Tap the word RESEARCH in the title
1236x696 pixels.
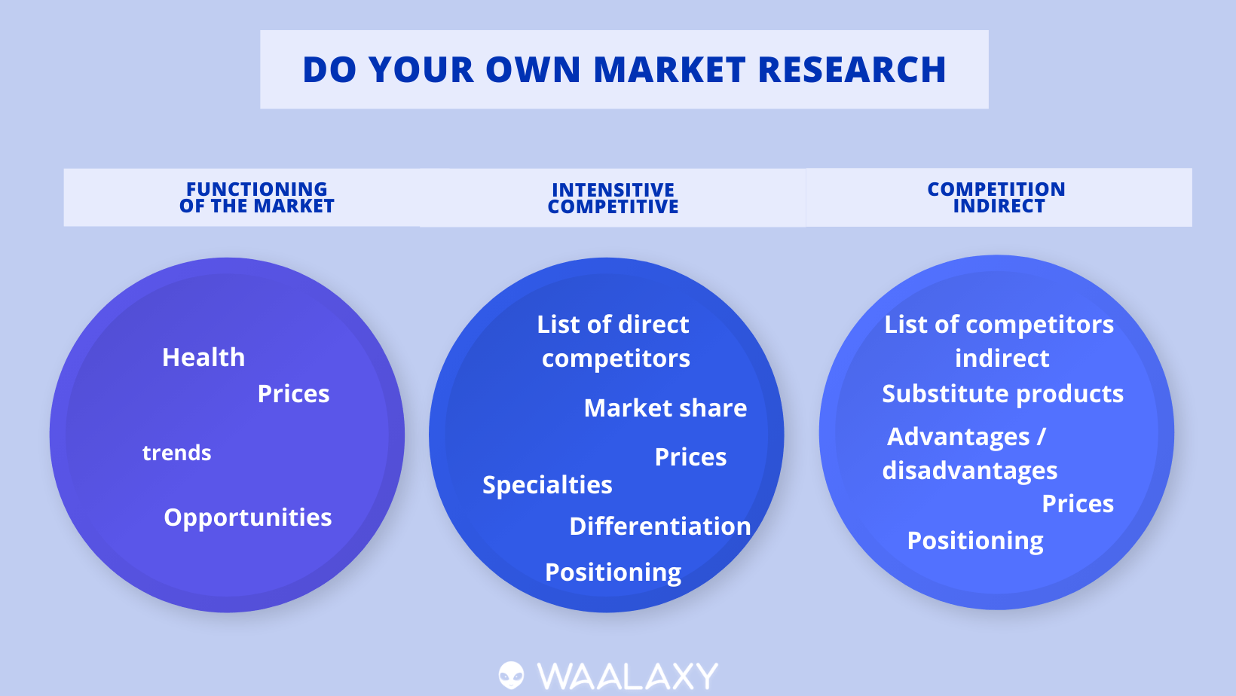click(852, 70)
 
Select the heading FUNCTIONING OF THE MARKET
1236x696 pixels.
click(256, 197)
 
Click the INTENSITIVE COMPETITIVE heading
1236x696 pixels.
click(613, 198)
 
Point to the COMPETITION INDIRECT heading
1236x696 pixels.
click(996, 197)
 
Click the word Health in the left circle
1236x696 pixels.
click(203, 357)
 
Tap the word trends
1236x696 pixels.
click(176, 453)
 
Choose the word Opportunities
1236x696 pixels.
click(248, 518)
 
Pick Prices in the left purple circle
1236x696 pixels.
click(294, 394)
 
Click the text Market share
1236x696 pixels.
click(665, 408)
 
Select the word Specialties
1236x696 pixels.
click(547, 485)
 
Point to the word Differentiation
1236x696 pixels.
click(660, 526)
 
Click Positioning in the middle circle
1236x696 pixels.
click(613, 572)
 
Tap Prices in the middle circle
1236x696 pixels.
click(691, 456)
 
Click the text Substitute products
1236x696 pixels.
click(1003, 394)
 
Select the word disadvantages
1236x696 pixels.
click(970, 471)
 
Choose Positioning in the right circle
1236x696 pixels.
click(975, 541)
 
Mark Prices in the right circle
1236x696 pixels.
click(1078, 503)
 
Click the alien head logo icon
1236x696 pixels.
click(512, 676)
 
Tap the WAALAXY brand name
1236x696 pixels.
click(627, 676)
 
